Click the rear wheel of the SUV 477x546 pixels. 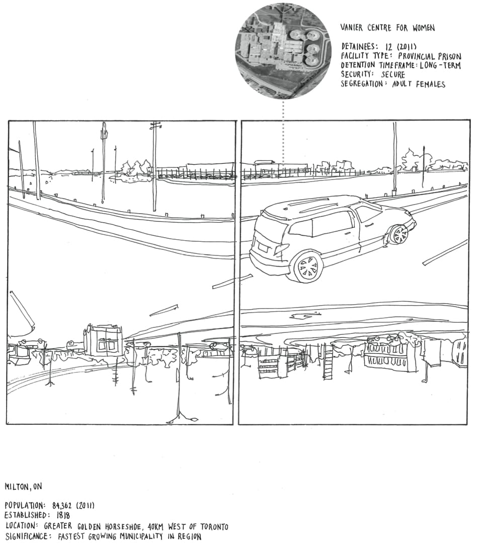click(x=307, y=267)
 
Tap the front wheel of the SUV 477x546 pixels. click(x=399, y=234)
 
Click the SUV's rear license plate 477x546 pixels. click(x=262, y=246)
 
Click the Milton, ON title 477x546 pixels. click(x=23, y=487)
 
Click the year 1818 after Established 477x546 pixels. click(x=60, y=515)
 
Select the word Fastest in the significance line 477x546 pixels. click(x=73, y=536)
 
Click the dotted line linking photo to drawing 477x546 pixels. click(x=283, y=133)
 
